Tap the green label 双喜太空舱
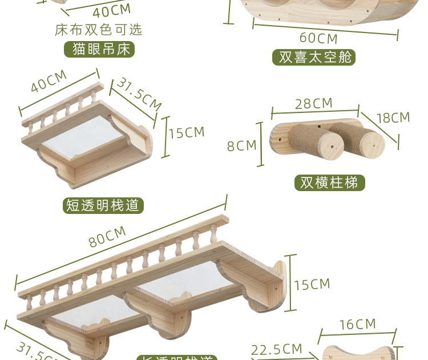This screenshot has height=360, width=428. point(314,57)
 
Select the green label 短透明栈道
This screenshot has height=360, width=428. point(103,205)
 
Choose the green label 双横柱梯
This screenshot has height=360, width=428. point(329,183)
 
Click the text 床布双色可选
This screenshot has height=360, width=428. point(99,30)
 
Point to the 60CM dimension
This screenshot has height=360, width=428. point(318,39)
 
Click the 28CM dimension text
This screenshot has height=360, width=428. point(313,103)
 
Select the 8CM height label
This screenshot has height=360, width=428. point(241,145)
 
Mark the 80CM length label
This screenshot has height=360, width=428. point(107,236)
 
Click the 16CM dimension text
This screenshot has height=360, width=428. point(358,325)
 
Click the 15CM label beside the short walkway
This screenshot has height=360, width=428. point(186,132)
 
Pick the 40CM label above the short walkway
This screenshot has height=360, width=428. point(49,81)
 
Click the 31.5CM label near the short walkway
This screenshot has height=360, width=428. point(139,93)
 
